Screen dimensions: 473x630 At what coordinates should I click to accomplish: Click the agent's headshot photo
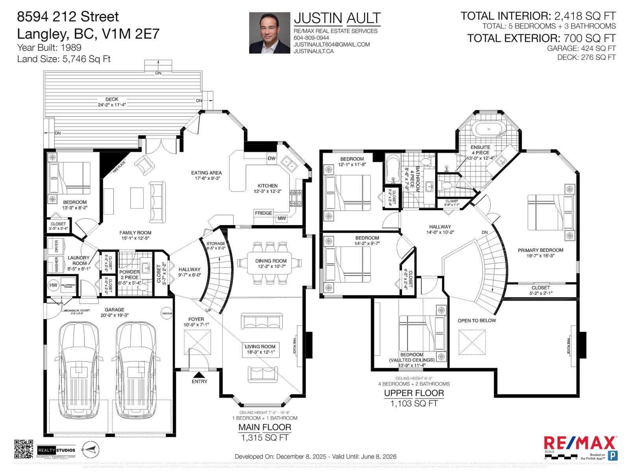point(269,33)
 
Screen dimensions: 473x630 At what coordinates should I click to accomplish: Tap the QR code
point(23,449)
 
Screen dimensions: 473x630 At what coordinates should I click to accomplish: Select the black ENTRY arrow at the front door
point(199,374)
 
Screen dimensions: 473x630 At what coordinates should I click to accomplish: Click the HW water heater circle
point(53,285)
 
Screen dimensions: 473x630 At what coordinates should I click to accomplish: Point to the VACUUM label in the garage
point(167,314)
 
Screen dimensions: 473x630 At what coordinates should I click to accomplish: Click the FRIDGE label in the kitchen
point(263,213)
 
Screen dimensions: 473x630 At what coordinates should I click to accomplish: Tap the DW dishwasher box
point(272,158)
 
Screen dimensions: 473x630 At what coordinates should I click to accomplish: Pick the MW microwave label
point(282,218)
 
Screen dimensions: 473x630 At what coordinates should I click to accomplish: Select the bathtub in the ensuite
point(488,129)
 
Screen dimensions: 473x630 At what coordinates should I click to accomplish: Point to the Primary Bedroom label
point(540,250)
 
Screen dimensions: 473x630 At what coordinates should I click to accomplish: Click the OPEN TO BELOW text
point(476,320)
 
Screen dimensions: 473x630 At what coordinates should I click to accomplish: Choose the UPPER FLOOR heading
point(414,393)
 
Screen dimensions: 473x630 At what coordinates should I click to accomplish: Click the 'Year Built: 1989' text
point(49,48)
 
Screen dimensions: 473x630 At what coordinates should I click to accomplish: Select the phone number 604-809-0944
point(311,38)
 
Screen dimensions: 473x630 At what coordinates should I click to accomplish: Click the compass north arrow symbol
point(91,449)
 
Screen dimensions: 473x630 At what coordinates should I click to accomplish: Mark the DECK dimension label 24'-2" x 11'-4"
point(112,105)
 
